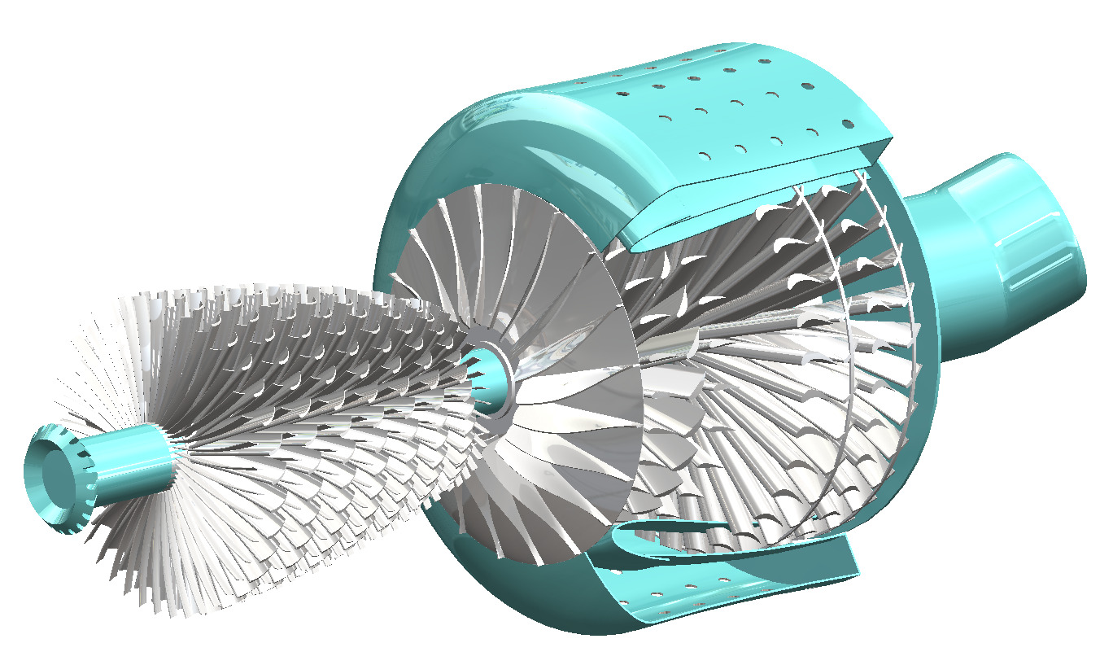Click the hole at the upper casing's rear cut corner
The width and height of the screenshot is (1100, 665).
click(847, 124)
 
